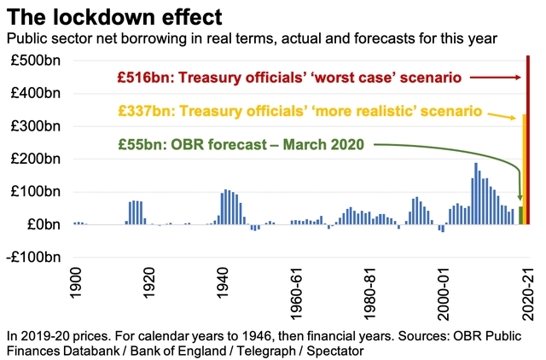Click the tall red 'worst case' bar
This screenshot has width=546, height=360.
[528, 141]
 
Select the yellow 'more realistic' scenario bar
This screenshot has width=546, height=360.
[525, 171]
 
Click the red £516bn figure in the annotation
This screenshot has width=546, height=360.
[139, 78]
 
